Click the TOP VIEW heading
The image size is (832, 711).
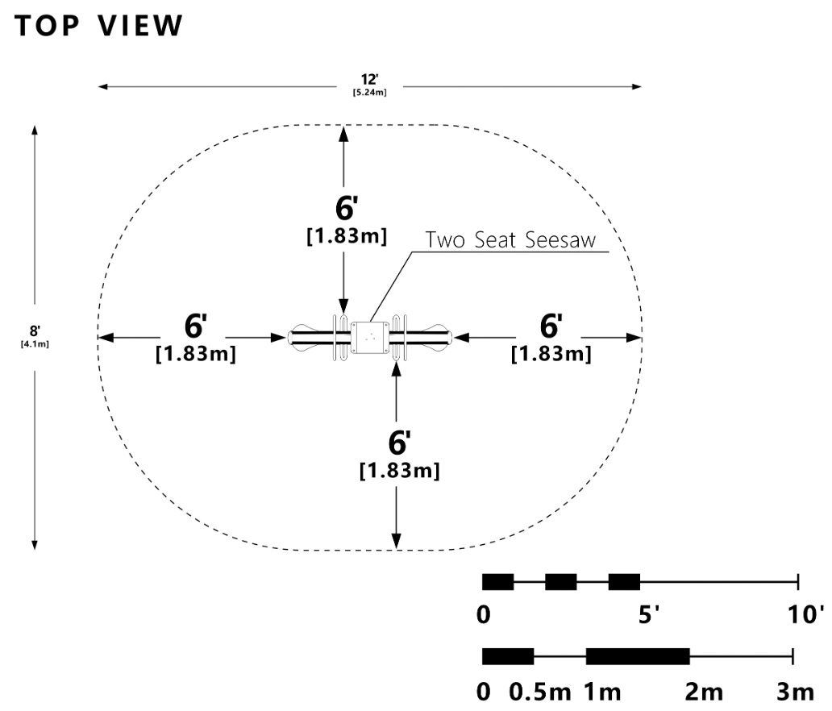[99, 26]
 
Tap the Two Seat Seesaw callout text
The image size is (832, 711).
[515, 240]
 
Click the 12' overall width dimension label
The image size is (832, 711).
[370, 79]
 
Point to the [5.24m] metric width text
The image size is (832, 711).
[370, 93]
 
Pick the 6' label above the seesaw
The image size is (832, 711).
[346, 208]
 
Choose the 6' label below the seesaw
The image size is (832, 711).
[399, 443]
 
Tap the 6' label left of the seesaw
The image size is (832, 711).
[195, 326]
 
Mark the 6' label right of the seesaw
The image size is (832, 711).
[551, 326]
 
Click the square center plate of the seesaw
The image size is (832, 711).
[370, 338]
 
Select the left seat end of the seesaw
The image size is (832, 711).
[300, 335]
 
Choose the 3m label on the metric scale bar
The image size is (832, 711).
[795, 692]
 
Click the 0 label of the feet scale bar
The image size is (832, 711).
[484, 615]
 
